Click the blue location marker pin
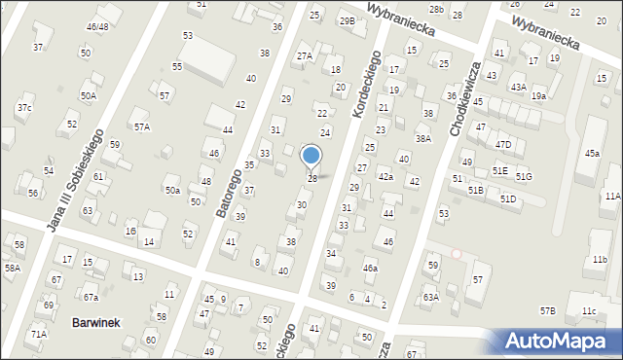tap(311, 156)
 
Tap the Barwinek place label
tap(96, 322)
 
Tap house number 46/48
tap(97, 26)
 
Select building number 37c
tap(23, 107)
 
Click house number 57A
tap(142, 126)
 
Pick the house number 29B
tap(347, 20)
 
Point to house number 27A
tap(305, 56)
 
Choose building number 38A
tap(422, 139)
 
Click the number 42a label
tap(385, 176)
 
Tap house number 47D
tap(502, 145)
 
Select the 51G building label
tap(525, 176)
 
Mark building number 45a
tap(592, 153)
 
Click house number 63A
tap(430, 297)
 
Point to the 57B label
tap(548, 310)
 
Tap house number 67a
tap(91, 297)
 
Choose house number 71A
tap(39, 334)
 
